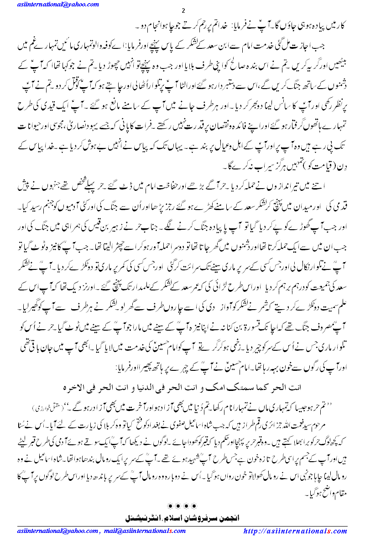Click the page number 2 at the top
coord(182,11)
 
